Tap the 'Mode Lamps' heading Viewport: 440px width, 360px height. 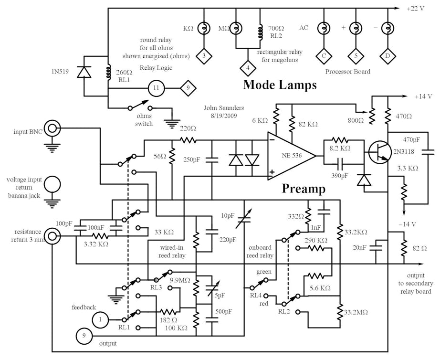pos(280,85)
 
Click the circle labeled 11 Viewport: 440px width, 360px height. pos(156,88)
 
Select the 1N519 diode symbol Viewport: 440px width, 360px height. pos(85,72)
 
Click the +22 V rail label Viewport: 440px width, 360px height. pos(415,9)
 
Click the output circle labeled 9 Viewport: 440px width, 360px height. pos(84,336)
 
